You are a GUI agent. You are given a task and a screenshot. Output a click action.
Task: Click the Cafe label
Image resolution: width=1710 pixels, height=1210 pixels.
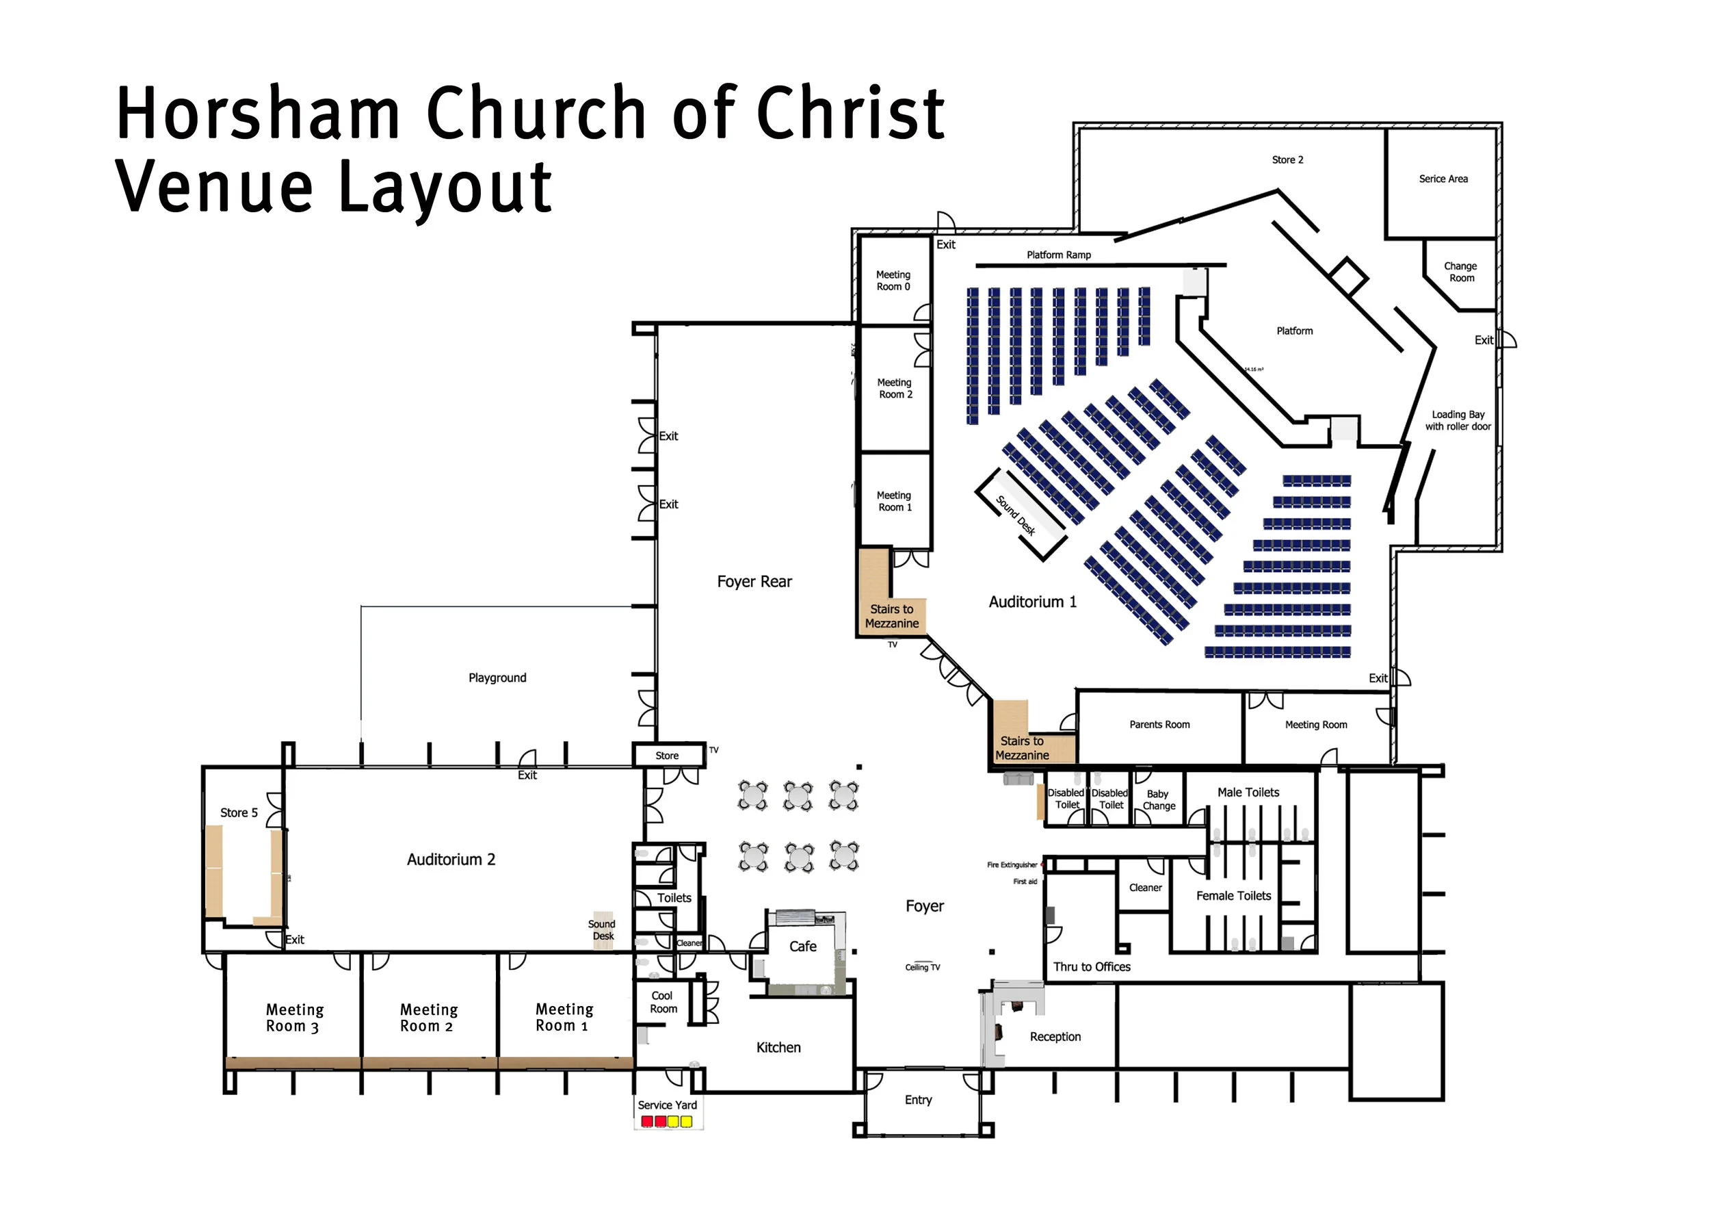pyautogui.click(x=803, y=947)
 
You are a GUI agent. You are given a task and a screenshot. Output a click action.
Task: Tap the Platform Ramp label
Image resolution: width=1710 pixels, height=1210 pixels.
pyautogui.click(x=1058, y=255)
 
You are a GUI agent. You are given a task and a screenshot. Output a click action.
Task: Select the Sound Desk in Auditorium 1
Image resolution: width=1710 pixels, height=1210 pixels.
pyautogui.click(x=1016, y=515)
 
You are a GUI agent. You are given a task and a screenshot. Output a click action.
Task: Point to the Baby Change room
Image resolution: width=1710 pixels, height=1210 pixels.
pyautogui.click(x=1158, y=799)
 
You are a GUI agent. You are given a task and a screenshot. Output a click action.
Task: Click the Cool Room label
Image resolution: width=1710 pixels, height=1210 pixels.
pyautogui.click(x=663, y=1002)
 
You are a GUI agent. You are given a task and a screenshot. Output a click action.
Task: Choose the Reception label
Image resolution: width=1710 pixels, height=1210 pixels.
pyautogui.click(x=1055, y=1036)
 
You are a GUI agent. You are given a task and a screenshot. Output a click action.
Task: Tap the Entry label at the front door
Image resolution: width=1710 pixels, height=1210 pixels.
pyautogui.click(x=919, y=1100)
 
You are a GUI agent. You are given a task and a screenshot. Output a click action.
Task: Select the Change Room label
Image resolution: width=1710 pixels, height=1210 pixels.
pyautogui.click(x=1460, y=272)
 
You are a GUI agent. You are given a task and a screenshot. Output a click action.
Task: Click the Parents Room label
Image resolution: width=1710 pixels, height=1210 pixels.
pyautogui.click(x=1159, y=724)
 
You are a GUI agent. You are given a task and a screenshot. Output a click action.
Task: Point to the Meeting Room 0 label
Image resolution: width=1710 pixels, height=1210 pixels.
pyautogui.click(x=893, y=281)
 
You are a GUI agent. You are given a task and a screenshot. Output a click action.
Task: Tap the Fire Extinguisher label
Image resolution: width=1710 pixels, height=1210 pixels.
pyautogui.click(x=1012, y=865)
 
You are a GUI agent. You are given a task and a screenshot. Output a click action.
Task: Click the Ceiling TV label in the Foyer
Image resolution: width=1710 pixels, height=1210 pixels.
pyautogui.click(x=922, y=967)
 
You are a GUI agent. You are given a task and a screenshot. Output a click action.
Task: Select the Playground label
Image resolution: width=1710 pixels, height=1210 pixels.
pyautogui.click(x=497, y=678)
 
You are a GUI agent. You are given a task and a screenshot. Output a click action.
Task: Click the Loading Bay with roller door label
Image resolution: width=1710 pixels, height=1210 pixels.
pyautogui.click(x=1458, y=420)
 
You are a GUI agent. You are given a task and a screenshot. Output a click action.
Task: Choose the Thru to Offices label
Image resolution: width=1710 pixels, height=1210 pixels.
pyautogui.click(x=1091, y=966)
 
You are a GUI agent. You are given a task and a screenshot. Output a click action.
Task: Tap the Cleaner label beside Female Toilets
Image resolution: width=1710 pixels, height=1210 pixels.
pyautogui.click(x=1145, y=888)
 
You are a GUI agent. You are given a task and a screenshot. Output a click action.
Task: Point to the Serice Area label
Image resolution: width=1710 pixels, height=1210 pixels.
pyautogui.click(x=1443, y=179)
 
